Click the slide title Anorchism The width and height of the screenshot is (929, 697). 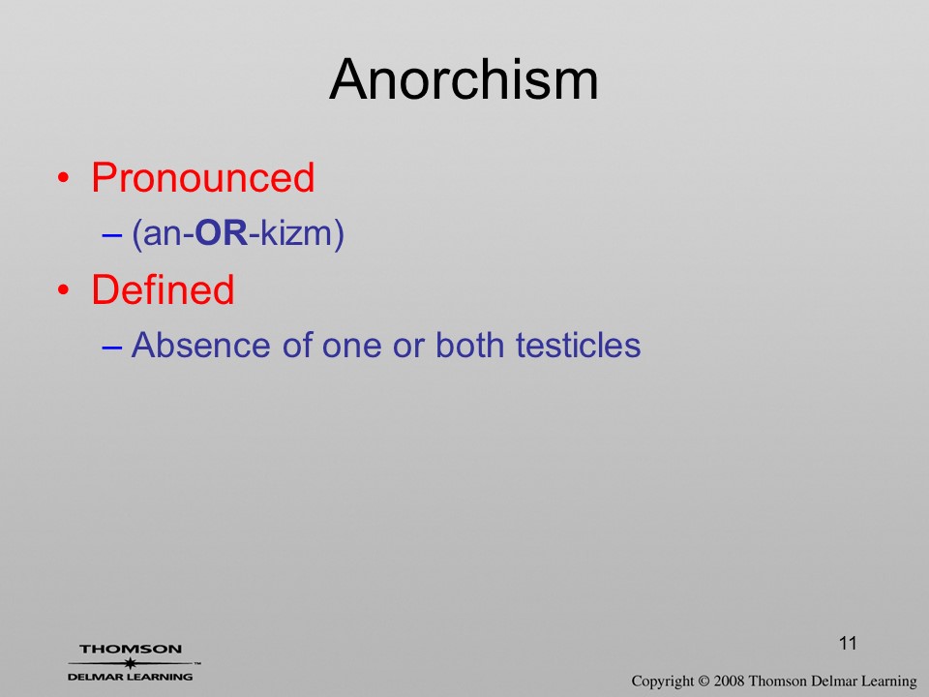tap(464, 79)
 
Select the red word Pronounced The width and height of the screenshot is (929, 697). tap(202, 177)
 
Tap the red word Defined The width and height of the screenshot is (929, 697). tap(163, 289)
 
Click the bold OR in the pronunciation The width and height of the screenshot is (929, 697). tap(221, 233)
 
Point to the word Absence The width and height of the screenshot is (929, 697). tap(201, 345)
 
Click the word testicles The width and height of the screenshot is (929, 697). tap(579, 345)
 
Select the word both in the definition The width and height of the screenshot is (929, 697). tap(470, 345)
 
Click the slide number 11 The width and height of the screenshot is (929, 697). tap(848, 643)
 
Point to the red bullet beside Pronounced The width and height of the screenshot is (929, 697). tap(64, 178)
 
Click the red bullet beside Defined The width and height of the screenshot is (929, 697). tap(64, 290)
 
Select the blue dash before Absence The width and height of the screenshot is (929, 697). tap(112, 347)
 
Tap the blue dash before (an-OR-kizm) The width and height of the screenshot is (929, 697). tap(112, 234)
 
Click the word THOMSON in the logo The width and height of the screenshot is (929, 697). tap(131, 649)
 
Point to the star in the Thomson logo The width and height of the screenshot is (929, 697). tap(131, 663)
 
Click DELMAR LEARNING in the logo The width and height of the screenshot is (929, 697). tap(131, 677)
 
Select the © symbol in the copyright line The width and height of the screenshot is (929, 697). tap(704, 681)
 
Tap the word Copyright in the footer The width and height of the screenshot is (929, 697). tap(662, 682)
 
